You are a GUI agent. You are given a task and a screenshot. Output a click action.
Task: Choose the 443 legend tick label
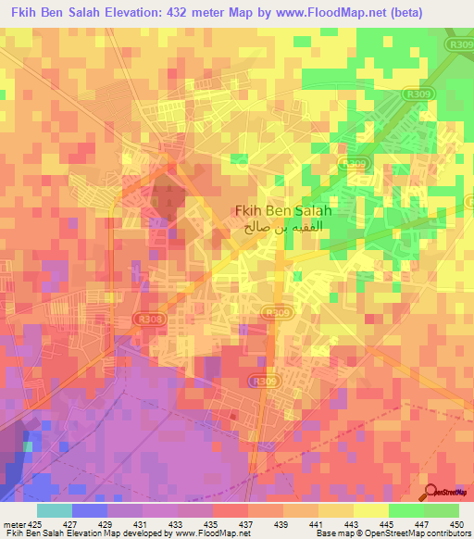353,523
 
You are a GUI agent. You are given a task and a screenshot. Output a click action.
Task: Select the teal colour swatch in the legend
55,510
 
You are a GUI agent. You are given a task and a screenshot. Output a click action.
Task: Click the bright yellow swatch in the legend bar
370,510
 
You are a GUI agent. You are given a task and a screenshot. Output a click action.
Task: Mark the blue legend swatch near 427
90,510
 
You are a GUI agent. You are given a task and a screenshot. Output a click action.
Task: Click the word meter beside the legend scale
14,523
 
